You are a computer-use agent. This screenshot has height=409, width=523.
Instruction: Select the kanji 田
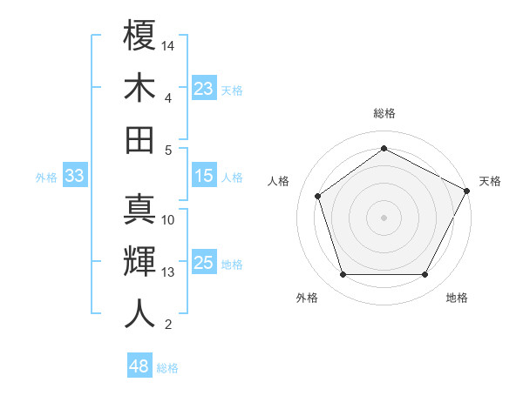click(x=139, y=138)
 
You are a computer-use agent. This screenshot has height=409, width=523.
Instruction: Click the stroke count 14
click(x=169, y=44)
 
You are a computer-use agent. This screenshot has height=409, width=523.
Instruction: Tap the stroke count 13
click(x=168, y=272)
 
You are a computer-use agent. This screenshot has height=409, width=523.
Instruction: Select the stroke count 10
click(x=168, y=219)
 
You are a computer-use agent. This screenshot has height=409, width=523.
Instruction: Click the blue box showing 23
click(x=204, y=89)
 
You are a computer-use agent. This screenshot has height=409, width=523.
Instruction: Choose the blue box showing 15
click(x=204, y=177)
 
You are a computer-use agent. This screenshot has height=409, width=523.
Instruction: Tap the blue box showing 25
click(x=204, y=264)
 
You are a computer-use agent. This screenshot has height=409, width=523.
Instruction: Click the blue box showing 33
click(x=74, y=177)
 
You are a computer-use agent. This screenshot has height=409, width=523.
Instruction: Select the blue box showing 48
click(x=139, y=366)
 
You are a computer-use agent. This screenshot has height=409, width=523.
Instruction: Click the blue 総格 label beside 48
click(x=167, y=368)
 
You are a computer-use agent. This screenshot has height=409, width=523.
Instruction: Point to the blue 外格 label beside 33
click(x=46, y=178)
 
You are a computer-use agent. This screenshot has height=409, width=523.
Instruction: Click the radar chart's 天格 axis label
click(x=490, y=181)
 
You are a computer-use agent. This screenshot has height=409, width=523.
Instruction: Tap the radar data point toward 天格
click(x=467, y=190)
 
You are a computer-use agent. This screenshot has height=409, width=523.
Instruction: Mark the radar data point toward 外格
click(x=343, y=275)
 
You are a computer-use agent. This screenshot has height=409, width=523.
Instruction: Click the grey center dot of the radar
click(x=384, y=217)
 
